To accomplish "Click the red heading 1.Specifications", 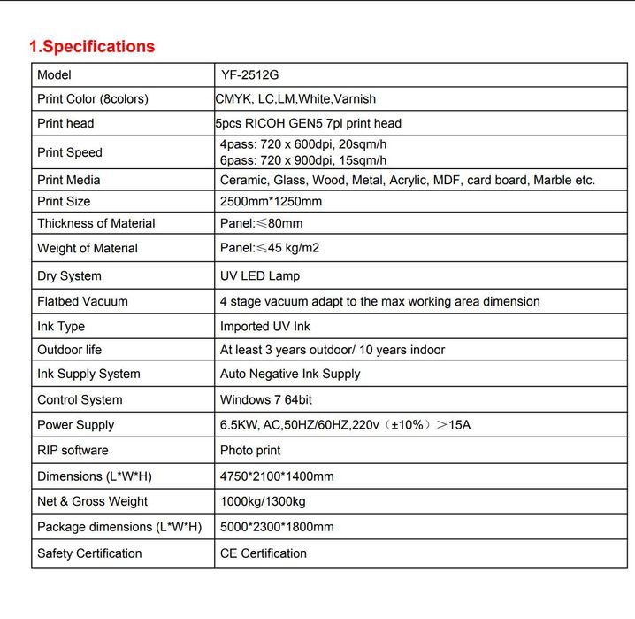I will [92, 47].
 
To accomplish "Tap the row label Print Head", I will [65, 123].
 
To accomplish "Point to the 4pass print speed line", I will [303, 144].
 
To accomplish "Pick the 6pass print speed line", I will [303, 160].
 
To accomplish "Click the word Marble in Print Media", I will [551, 180].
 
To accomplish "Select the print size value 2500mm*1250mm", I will [271, 201].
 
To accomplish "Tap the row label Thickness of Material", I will [96, 223].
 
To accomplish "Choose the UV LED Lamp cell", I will [266, 276].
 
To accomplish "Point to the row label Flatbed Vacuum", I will [82, 301].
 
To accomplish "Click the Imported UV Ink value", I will [265, 327].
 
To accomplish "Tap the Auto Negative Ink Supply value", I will [290, 374].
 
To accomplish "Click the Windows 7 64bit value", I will [266, 400].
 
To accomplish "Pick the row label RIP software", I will [73, 450].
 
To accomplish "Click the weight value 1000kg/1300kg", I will [263, 501].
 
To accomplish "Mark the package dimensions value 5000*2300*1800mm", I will [277, 527].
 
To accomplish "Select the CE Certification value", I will [264, 553].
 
